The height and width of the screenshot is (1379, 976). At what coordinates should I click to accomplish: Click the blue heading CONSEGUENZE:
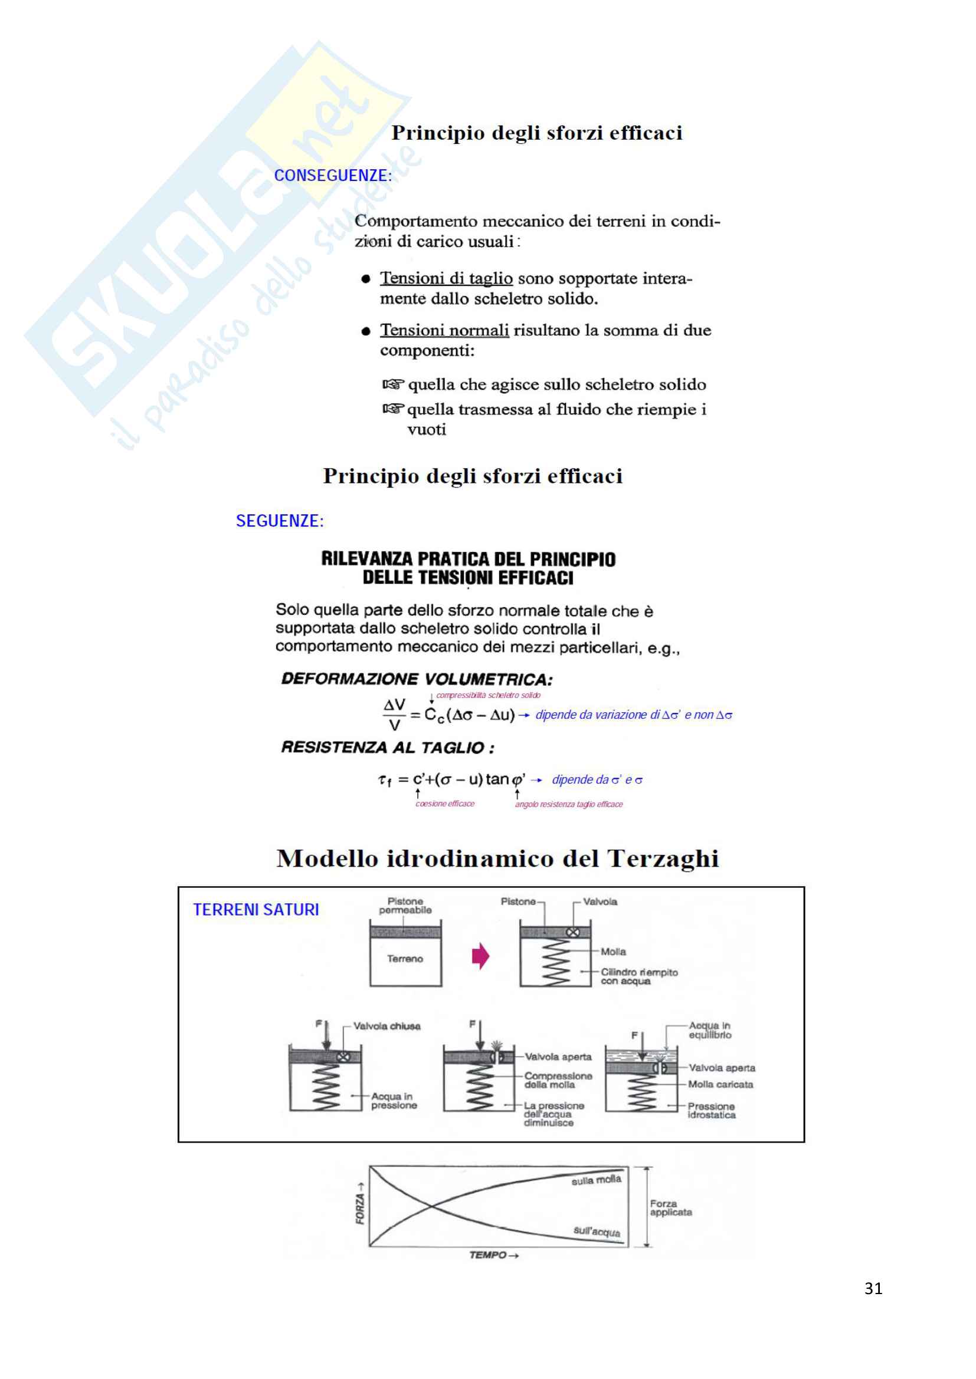[332, 175]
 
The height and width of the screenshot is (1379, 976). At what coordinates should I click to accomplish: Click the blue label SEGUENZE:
[280, 521]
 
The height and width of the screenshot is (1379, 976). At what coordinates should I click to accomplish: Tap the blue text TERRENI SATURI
[256, 910]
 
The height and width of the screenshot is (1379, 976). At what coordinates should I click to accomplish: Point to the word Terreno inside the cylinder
[405, 959]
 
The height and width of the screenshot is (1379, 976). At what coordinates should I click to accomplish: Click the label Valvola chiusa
[387, 1026]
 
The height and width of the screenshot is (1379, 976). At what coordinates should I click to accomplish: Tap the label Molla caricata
[720, 1084]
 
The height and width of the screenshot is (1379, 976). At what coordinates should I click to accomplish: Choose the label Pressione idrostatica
[711, 1111]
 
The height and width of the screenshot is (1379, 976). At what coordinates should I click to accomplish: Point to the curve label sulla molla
[596, 1180]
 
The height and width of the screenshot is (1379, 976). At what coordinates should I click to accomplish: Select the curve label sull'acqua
[596, 1231]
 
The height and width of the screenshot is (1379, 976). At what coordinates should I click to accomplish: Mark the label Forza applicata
[670, 1208]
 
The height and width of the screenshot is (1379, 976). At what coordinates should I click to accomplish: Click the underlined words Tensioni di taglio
[446, 279]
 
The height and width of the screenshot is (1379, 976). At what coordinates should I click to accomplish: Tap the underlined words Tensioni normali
[444, 330]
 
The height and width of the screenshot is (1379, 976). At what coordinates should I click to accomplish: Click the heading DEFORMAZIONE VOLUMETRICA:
[417, 679]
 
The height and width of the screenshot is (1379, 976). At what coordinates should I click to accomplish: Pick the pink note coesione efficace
[445, 804]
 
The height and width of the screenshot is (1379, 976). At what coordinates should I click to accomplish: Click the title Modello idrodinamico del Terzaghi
[497, 859]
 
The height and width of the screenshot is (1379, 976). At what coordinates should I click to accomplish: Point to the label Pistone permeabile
[405, 906]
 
